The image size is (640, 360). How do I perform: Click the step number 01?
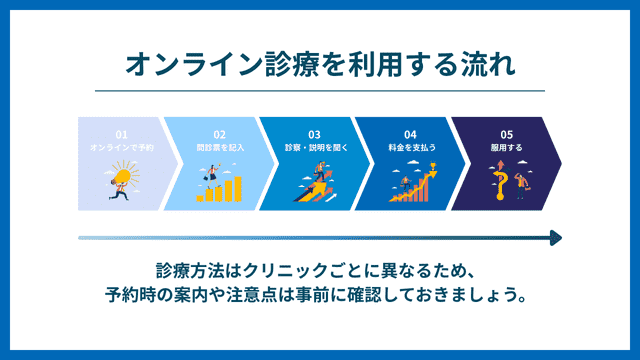pos(121,134)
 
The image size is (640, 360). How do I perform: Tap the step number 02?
pos(220,134)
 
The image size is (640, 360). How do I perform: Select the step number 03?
pos(314,134)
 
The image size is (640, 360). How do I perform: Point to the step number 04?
pos(410,134)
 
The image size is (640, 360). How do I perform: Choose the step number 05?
pos(506,134)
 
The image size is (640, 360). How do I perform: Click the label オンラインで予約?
pos(121,147)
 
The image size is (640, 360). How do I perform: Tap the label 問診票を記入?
pos(220,147)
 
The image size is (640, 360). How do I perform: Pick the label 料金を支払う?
pos(410,147)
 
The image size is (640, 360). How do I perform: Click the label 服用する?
pos(506,147)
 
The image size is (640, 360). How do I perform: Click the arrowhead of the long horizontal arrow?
pos(555,238)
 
